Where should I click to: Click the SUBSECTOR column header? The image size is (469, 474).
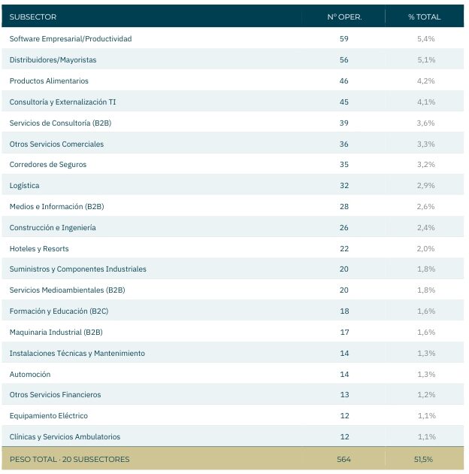click(x=33, y=17)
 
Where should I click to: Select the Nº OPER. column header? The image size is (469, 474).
click(x=344, y=17)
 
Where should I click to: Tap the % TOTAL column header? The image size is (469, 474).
click(x=425, y=17)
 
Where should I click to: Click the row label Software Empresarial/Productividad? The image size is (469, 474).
click(x=71, y=38)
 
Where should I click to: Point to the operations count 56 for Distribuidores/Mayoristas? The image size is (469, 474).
click(x=344, y=60)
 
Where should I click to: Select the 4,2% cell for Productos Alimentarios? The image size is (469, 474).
click(x=426, y=81)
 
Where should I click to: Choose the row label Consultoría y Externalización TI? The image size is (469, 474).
click(x=62, y=102)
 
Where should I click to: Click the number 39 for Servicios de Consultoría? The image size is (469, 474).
click(x=344, y=123)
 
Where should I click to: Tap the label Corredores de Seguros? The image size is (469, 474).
click(x=47, y=165)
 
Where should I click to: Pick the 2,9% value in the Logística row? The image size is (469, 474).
click(x=426, y=185)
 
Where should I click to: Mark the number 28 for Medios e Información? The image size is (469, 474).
click(x=344, y=206)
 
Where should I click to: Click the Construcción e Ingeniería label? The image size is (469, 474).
click(x=53, y=228)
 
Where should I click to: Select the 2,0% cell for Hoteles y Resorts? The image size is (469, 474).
click(x=426, y=248)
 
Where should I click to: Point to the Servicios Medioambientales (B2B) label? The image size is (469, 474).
click(x=67, y=290)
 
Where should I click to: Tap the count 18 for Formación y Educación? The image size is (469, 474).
click(x=344, y=311)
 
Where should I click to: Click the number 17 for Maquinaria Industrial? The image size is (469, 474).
click(x=344, y=333)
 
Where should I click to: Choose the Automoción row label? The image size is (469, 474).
click(x=30, y=374)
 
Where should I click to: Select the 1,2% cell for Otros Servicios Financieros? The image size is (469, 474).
click(x=426, y=395)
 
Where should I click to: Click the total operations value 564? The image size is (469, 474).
click(x=344, y=460)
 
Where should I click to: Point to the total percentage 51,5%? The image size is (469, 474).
click(x=423, y=460)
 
